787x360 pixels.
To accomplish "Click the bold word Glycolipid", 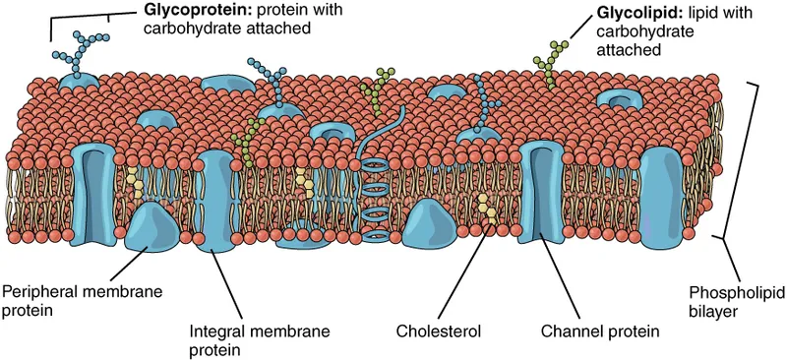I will coord(631,15).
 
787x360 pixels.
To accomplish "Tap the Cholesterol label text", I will coord(439,331).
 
